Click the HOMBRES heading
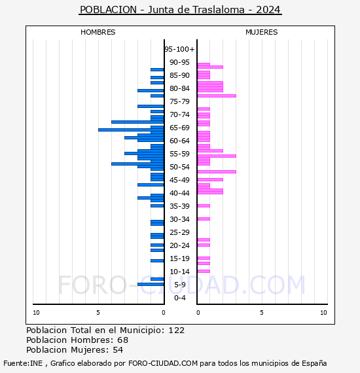pos(98,32)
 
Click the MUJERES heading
pos(262,32)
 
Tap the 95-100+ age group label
pos(179,49)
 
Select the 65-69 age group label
pos(179,128)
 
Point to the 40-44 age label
pos(179,193)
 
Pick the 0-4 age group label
pos(179,298)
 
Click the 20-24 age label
pos(179,245)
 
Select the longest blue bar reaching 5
pos(131,130)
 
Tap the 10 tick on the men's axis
pos(36,313)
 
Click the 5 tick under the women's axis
pos(262,313)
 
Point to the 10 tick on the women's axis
pos(323,313)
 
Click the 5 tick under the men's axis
pos(98,313)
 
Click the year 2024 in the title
pos(268,10)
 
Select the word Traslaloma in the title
pos(219,10)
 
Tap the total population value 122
pos(176,330)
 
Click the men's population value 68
pos(123,340)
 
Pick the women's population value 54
pos(118,350)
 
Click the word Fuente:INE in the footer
pos(23,363)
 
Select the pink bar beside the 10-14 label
pos(204,271)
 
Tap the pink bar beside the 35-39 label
pos(204,205)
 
